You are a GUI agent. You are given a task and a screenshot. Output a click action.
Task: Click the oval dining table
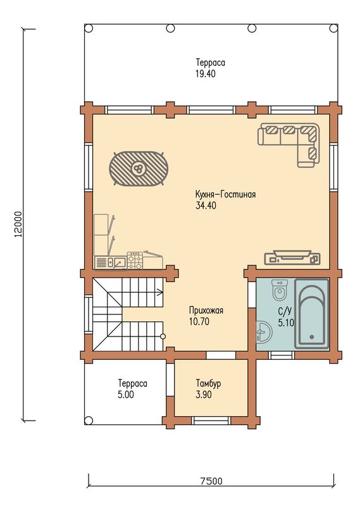click(139, 168)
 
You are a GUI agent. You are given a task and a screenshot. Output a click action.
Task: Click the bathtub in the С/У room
click(311, 314)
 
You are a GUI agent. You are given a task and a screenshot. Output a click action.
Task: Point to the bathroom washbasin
click(264, 331)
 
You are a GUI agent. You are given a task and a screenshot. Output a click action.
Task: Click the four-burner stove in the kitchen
click(135, 261)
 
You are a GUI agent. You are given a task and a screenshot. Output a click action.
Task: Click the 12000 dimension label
click(19, 225)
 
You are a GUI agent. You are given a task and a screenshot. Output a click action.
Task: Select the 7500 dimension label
click(211, 481)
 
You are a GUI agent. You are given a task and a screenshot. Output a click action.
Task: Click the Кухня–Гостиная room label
click(225, 194)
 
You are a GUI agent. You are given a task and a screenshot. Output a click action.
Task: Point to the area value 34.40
click(206, 205)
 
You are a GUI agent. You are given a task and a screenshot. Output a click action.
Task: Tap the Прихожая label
click(206, 311)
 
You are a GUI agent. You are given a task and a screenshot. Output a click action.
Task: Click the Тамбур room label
click(208, 383)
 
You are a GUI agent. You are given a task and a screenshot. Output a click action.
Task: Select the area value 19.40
click(206, 73)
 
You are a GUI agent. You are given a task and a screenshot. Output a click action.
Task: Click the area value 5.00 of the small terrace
click(126, 394)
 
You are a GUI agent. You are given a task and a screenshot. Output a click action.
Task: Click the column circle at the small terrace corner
click(88, 420)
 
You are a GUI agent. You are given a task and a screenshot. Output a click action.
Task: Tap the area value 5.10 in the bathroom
click(286, 323)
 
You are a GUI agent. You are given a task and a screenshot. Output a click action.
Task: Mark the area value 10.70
click(199, 321)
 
